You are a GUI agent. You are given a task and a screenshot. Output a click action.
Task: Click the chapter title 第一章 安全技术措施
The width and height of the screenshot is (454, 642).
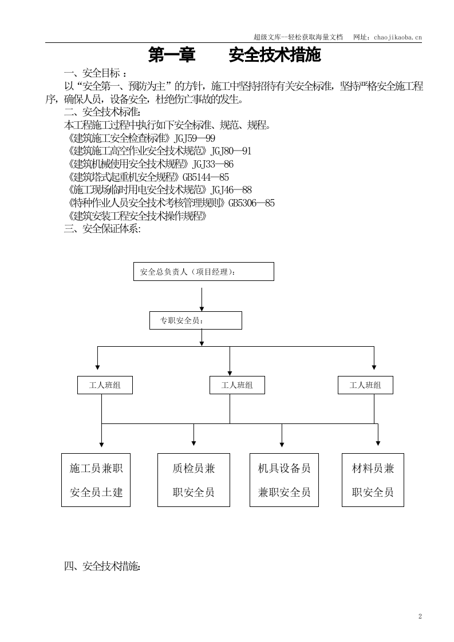click(235, 56)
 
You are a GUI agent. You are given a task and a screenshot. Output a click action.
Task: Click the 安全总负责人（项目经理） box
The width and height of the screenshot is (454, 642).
click(203, 272)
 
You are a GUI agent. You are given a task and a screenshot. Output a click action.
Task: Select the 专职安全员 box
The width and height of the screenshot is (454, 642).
click(195, 320)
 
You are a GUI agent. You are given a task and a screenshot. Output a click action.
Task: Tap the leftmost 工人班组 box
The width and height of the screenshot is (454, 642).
click(105, 385)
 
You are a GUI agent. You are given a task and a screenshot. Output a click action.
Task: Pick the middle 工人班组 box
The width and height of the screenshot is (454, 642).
click(238, 385)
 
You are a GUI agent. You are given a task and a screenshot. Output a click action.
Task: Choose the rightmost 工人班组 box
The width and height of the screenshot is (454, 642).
click(365, 385)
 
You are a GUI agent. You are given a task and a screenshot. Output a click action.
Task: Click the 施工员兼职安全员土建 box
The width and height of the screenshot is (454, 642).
click(96, 479)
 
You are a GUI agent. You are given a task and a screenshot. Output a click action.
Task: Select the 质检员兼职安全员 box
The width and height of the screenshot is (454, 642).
click(194, 479)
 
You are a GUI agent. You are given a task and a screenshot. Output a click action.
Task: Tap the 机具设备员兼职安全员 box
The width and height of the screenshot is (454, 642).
click(284, 479)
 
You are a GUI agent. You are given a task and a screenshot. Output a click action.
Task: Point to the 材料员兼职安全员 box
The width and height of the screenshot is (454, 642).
click(373, 479)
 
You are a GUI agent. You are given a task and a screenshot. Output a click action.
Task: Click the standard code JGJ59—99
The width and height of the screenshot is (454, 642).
click(194, 138)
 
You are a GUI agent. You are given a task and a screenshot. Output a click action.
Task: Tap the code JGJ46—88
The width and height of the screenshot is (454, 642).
click(231, 190)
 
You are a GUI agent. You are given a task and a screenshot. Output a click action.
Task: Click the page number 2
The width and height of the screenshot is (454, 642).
click(420, 616)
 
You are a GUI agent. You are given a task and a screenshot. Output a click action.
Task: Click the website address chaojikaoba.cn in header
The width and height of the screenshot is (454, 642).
click(397, 37)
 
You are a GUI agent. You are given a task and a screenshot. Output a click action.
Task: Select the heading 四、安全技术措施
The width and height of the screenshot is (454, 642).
click(102, 566)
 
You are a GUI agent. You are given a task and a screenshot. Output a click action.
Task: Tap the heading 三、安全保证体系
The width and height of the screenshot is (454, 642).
click(102, 229)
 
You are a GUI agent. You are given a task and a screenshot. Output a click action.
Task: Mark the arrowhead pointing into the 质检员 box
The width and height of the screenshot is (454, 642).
click(194, 443)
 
